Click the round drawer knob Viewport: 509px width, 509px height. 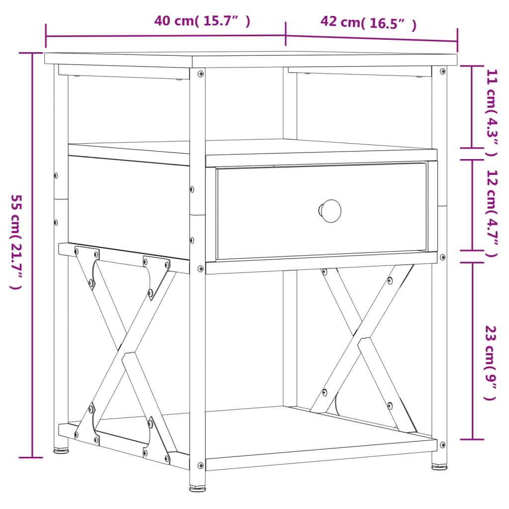click(x=331, y=210)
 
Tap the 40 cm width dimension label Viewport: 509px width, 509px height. click(x=202, y=21)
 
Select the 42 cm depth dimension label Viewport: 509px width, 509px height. click(x=368, y=22)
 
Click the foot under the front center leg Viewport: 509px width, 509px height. click(x=197, y=489)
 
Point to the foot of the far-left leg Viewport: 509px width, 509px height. click(x=61, y=451)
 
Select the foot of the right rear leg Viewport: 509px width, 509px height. click(x=439, y=467)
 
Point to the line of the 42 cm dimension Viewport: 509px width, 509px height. click(x=372, y=39)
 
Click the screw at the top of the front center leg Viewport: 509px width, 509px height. click(x=200, y=74)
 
